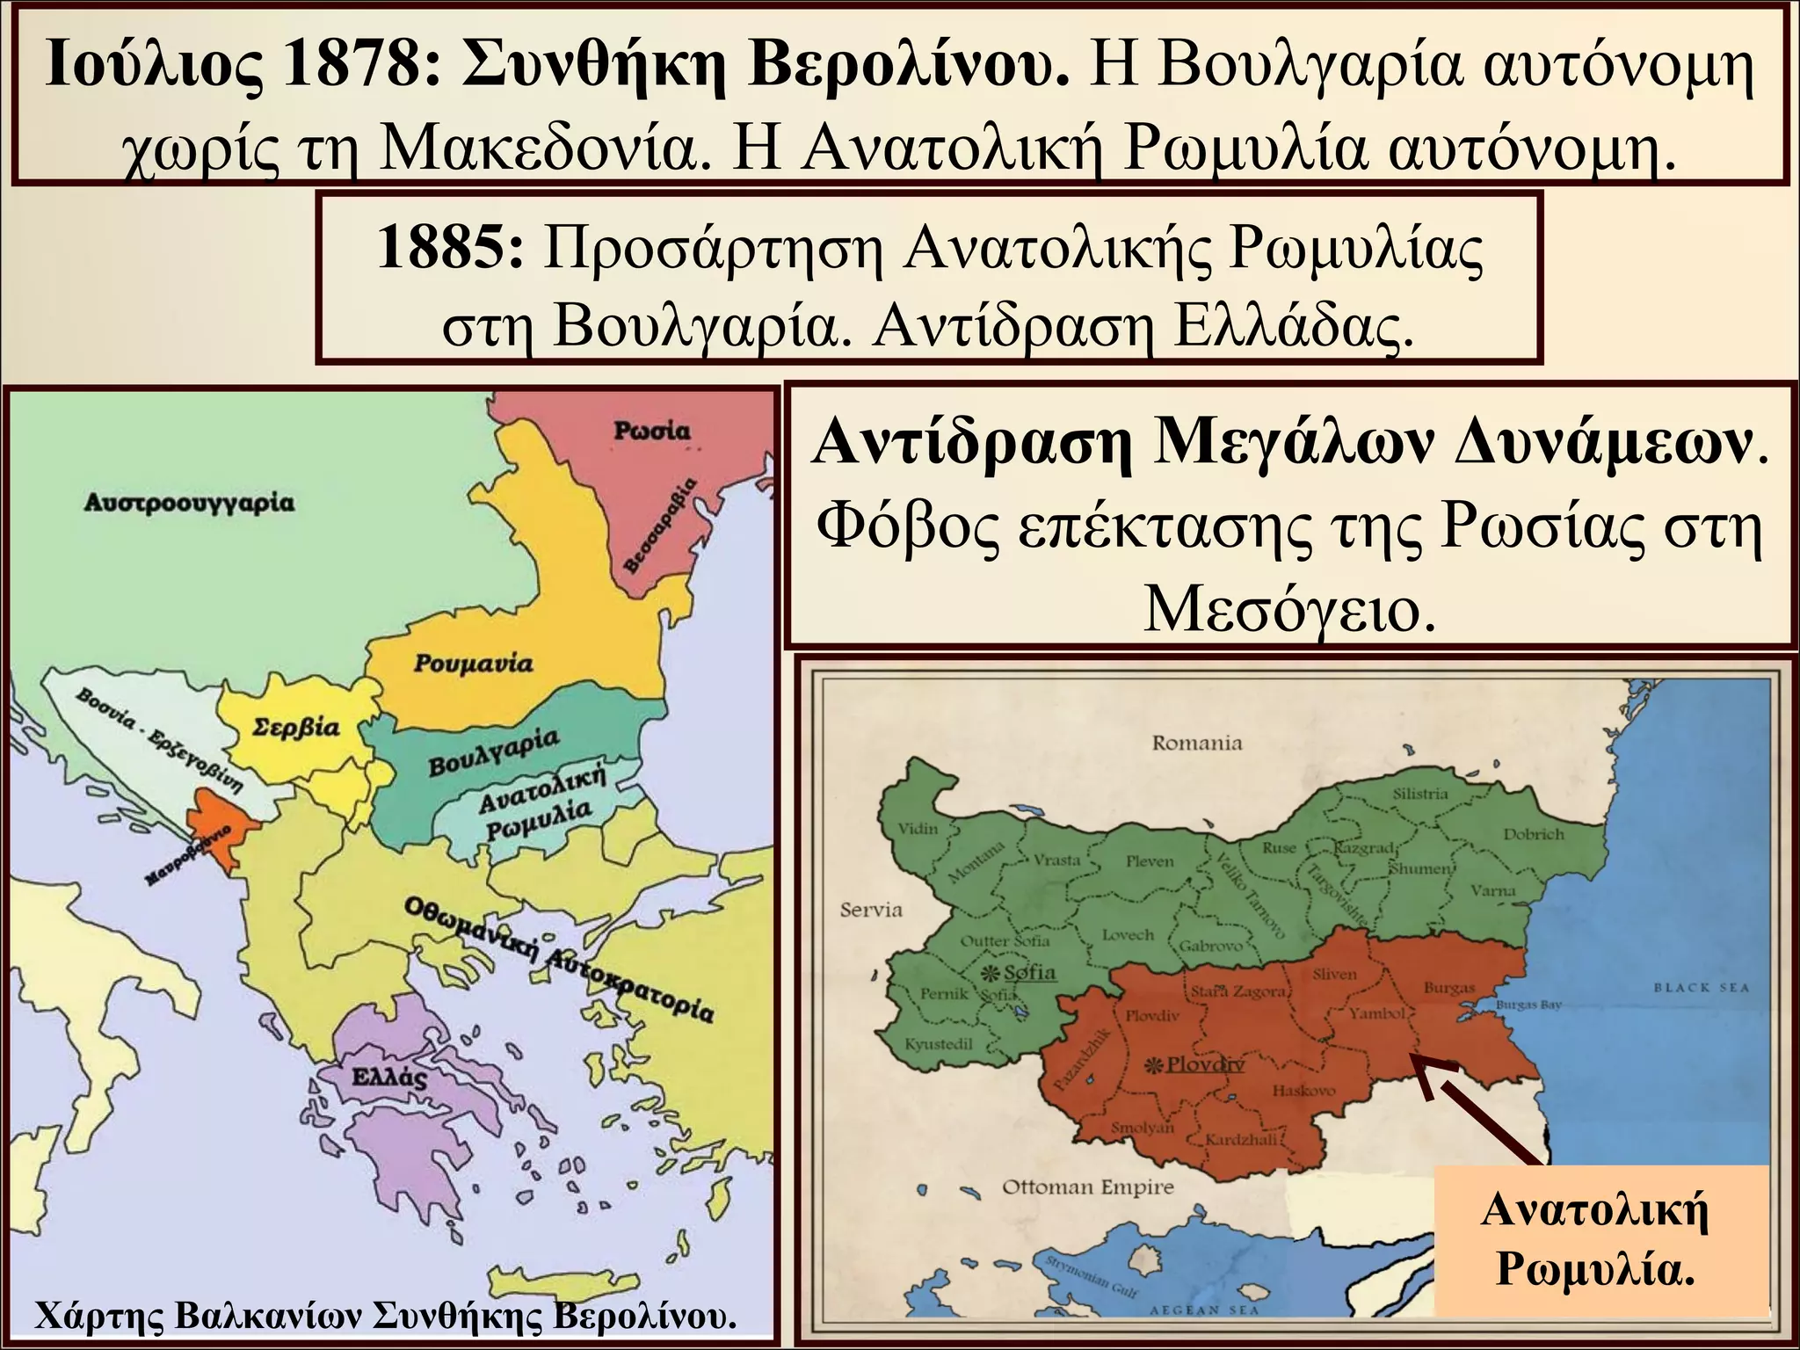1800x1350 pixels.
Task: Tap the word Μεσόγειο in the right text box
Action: [1289, 609]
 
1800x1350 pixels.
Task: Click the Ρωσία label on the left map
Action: [652, 431]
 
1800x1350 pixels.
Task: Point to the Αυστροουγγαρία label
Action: [190, 504]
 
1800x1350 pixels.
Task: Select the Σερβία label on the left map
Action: [295, 728]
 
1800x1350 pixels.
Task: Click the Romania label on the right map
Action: [1197, 744]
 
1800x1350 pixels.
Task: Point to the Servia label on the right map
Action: [871, 910]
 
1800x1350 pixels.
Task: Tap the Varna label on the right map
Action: [1493, 890]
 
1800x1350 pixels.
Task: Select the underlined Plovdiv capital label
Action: [1205, 1064]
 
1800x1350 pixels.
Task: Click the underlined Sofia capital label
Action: [1029, 972]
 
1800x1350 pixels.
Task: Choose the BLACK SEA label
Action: [1702, 987]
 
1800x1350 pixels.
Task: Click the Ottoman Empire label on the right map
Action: [1088, 1188]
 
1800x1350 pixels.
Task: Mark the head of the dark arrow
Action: [1422, 1068]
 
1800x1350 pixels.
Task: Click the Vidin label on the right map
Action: [918, 828]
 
